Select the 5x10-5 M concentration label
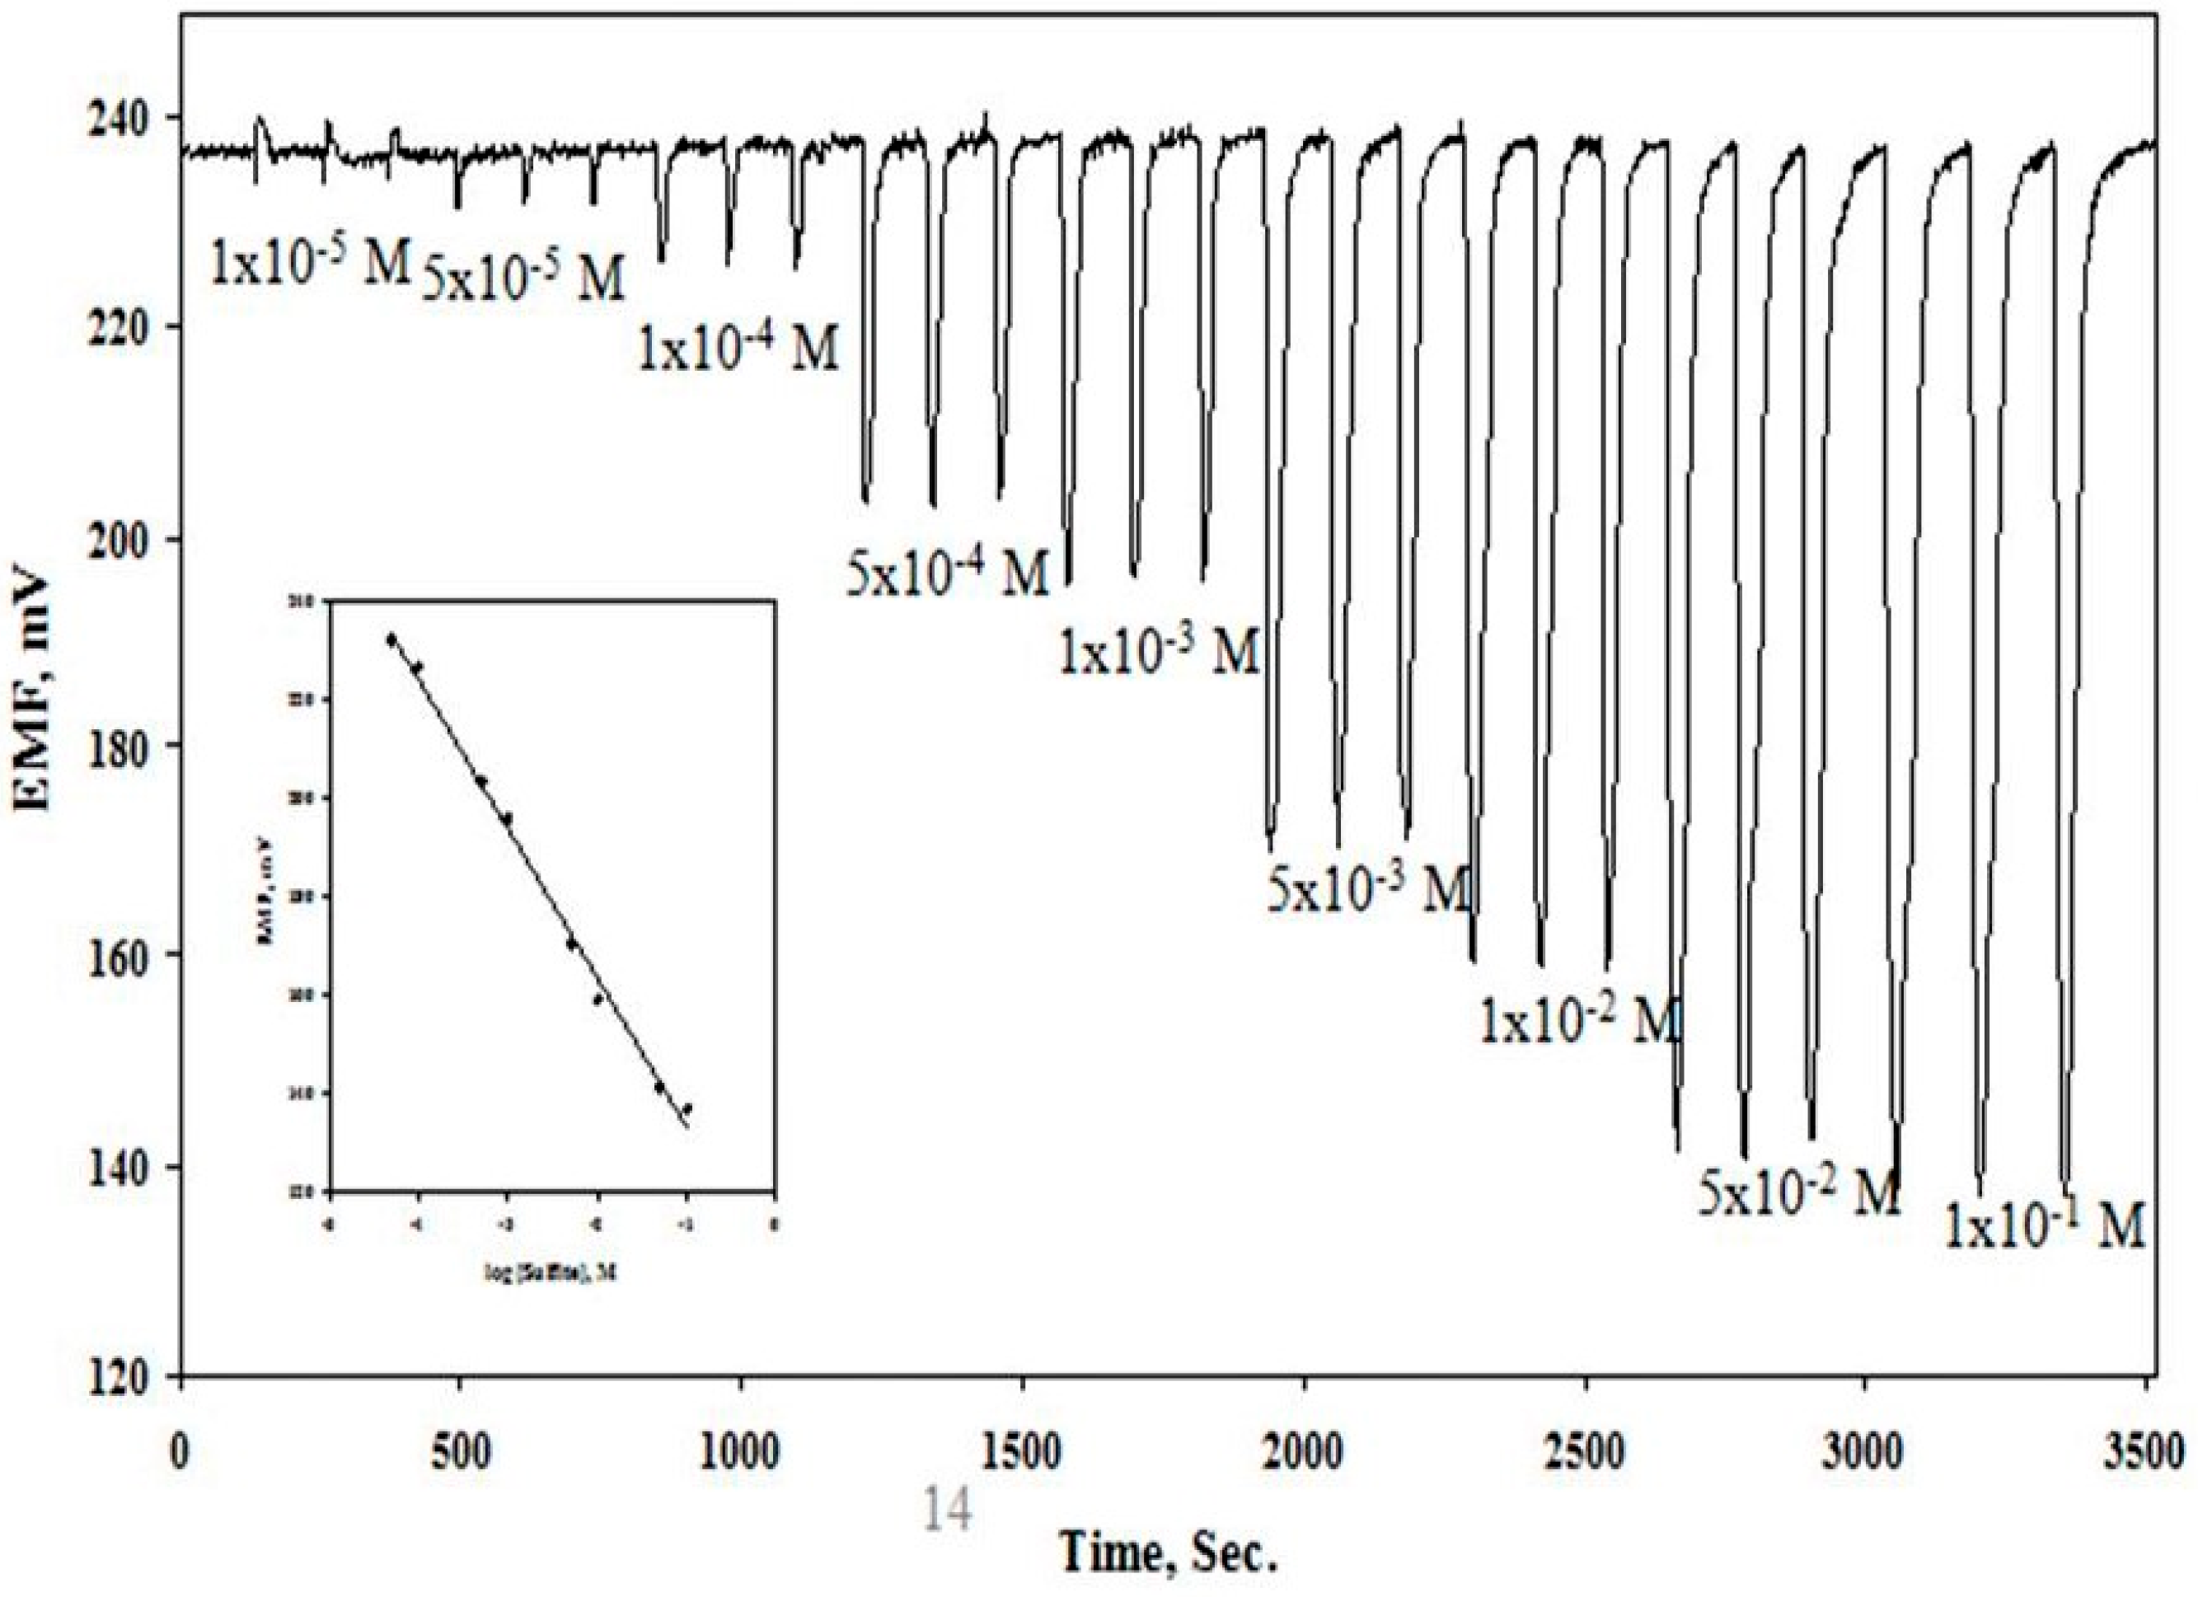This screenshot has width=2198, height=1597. click(523, 279)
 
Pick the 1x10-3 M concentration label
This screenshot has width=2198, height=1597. click(1158, 652)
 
